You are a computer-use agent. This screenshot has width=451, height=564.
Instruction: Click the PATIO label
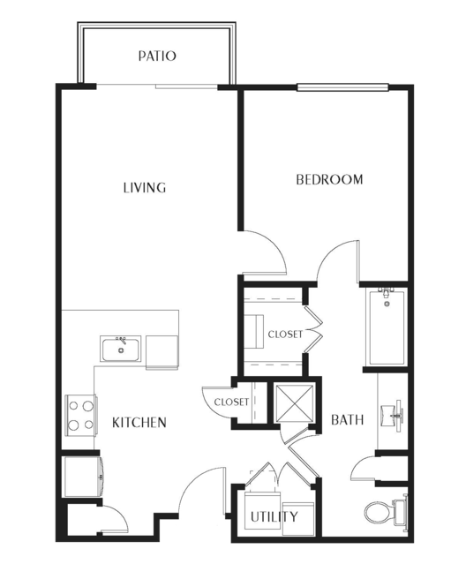pyautogui.click(x=157, y=56)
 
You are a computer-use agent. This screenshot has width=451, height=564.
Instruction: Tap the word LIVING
pyautogui.click(x=145, y=188)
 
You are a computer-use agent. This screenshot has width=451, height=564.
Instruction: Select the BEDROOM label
pyautogui.click(x=329, y=179)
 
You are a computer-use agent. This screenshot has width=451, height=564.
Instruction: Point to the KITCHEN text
pyautogui.click(x=139, y=422)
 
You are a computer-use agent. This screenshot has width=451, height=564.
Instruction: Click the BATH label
pyautogui.click(x=347, y=420)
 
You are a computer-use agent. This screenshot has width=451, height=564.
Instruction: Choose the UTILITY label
pyautogui.click(x=274, y=517)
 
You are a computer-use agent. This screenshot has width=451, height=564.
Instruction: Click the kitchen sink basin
pyautogui.click(x=121, y=349)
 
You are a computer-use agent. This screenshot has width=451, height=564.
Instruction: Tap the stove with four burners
pyautogui.click(x=81, y=416)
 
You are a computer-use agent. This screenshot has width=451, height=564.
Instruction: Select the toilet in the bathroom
pyautogui.click(x=386, y=512)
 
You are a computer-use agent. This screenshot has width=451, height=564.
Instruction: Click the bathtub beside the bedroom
pyautogui.click(x=387, y=327)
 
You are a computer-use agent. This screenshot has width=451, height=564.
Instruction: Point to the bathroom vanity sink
pyautogui.click(x=393, y=415)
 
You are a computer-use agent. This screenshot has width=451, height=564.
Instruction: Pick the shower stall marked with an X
pyautogui.click(x=294, y=402)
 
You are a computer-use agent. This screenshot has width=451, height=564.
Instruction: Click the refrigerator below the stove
pyautogui.click(x=82, y=477)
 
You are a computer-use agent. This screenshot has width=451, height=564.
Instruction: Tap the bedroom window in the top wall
pyautogui.click(x=342, y=87)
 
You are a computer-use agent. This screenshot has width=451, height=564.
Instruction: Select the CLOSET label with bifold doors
pyautogui.click(x=286, y=335)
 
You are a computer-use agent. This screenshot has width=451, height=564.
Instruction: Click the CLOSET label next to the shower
pyautogui.click(x=231, y=402)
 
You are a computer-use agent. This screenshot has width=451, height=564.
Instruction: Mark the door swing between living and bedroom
pyautogui.click(x=266, y=252)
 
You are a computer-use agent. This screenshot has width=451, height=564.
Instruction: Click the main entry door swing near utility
pyautogui.click(x=202, y=491)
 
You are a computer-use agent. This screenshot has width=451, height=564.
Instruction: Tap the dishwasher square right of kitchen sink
pyautogui.click(x=162, y=352)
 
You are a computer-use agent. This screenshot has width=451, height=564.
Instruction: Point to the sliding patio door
pyautogui.click(x=157, y=86)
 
